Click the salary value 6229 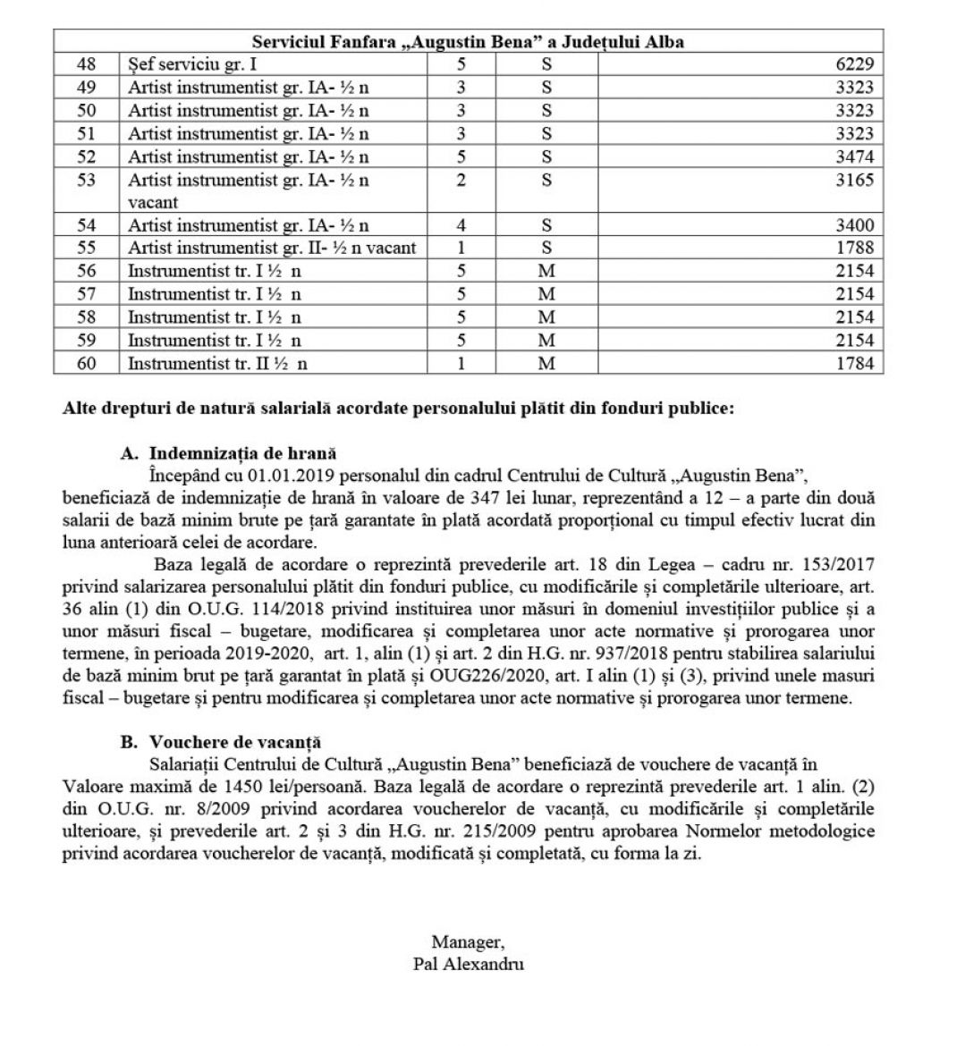click(855, 63)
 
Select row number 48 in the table click(87, 63)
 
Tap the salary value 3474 click(855, 156)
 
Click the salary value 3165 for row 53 click(855, 180)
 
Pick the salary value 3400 click(855, 225)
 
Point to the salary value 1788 click(855, 248)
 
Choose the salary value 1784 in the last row click(855, 363)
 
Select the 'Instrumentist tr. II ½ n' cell click(217, 363)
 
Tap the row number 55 click(87, 248)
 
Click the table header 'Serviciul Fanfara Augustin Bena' click(468, 41)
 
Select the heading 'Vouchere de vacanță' click(235, 741)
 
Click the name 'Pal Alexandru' click(469, 964)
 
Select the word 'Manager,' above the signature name click(468, 941)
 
